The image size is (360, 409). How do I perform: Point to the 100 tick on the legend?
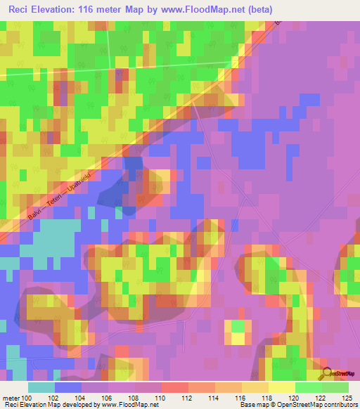27,397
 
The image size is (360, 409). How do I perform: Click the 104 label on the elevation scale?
81,397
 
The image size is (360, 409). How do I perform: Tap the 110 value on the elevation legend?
161,397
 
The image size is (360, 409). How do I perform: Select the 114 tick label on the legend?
214,397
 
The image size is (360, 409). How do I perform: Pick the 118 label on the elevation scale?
268,397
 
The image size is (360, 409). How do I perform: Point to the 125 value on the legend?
346,397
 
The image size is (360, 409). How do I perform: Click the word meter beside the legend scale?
10,397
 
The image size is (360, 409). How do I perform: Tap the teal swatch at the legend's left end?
41,387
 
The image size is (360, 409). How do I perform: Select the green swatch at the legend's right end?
335,387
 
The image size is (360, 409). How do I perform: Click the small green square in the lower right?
238,326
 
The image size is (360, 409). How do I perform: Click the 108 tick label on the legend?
134,397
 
